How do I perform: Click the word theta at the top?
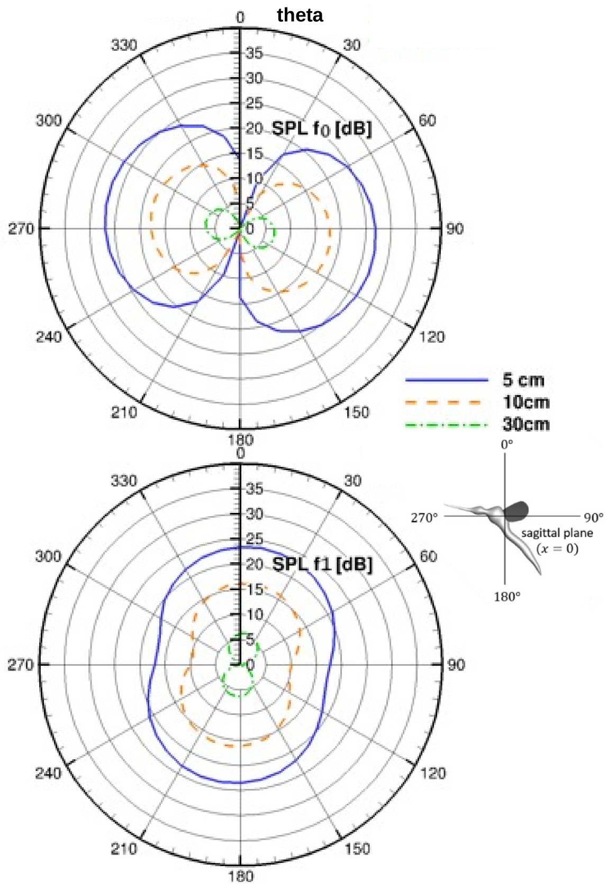coord(300,15)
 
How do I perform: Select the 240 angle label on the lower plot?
coord(49,773)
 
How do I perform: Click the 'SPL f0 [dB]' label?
coord(322,128)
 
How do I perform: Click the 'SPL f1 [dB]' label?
coord(322,564)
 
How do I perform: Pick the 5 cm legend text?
coord(523,380)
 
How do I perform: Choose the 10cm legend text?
coord(526,402)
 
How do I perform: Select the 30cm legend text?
coord(526,425)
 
